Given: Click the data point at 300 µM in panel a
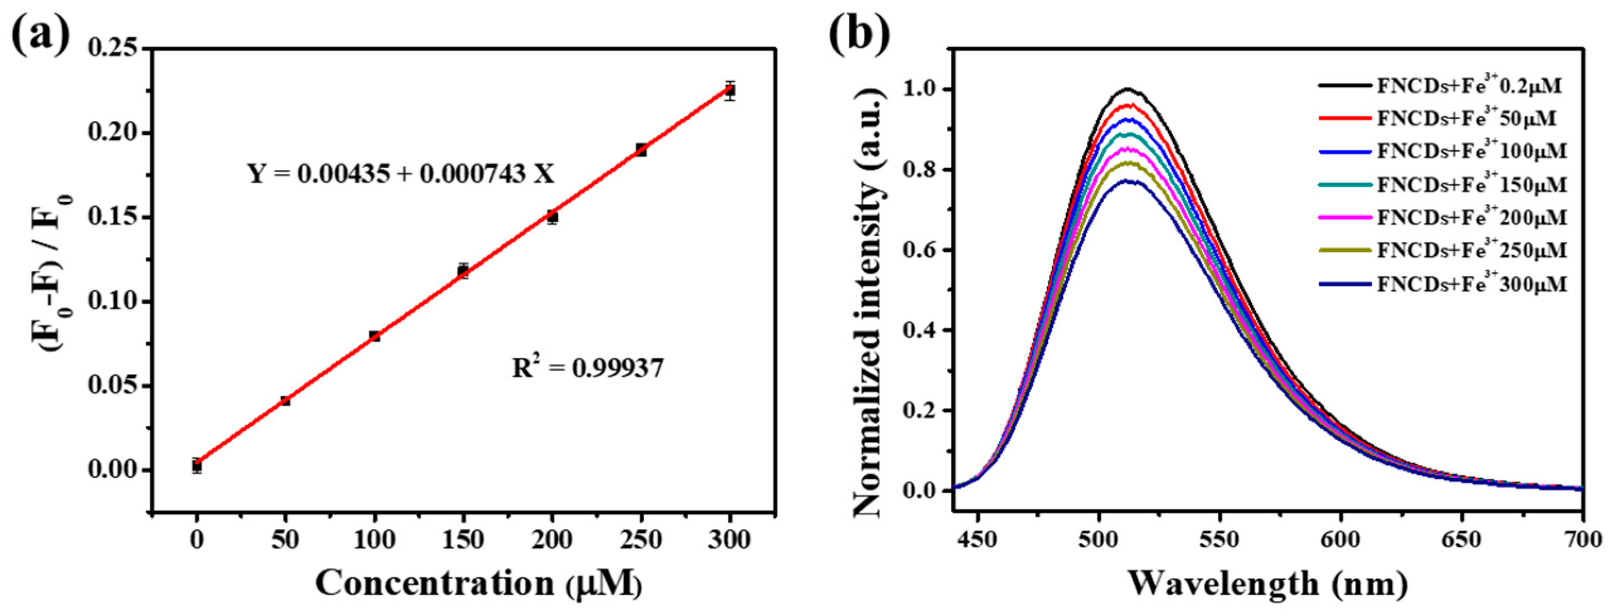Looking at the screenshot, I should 729,90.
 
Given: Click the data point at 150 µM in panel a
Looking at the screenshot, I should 463,271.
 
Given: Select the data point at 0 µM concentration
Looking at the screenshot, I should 197,465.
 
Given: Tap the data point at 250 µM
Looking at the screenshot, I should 641,150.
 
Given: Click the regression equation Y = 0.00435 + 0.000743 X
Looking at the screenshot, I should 402,174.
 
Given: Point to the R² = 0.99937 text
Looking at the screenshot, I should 587,368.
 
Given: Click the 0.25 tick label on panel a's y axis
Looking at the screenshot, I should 113,48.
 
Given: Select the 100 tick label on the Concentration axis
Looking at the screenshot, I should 374,539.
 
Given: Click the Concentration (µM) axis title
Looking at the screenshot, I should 479,584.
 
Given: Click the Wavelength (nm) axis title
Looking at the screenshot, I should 1268,584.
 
